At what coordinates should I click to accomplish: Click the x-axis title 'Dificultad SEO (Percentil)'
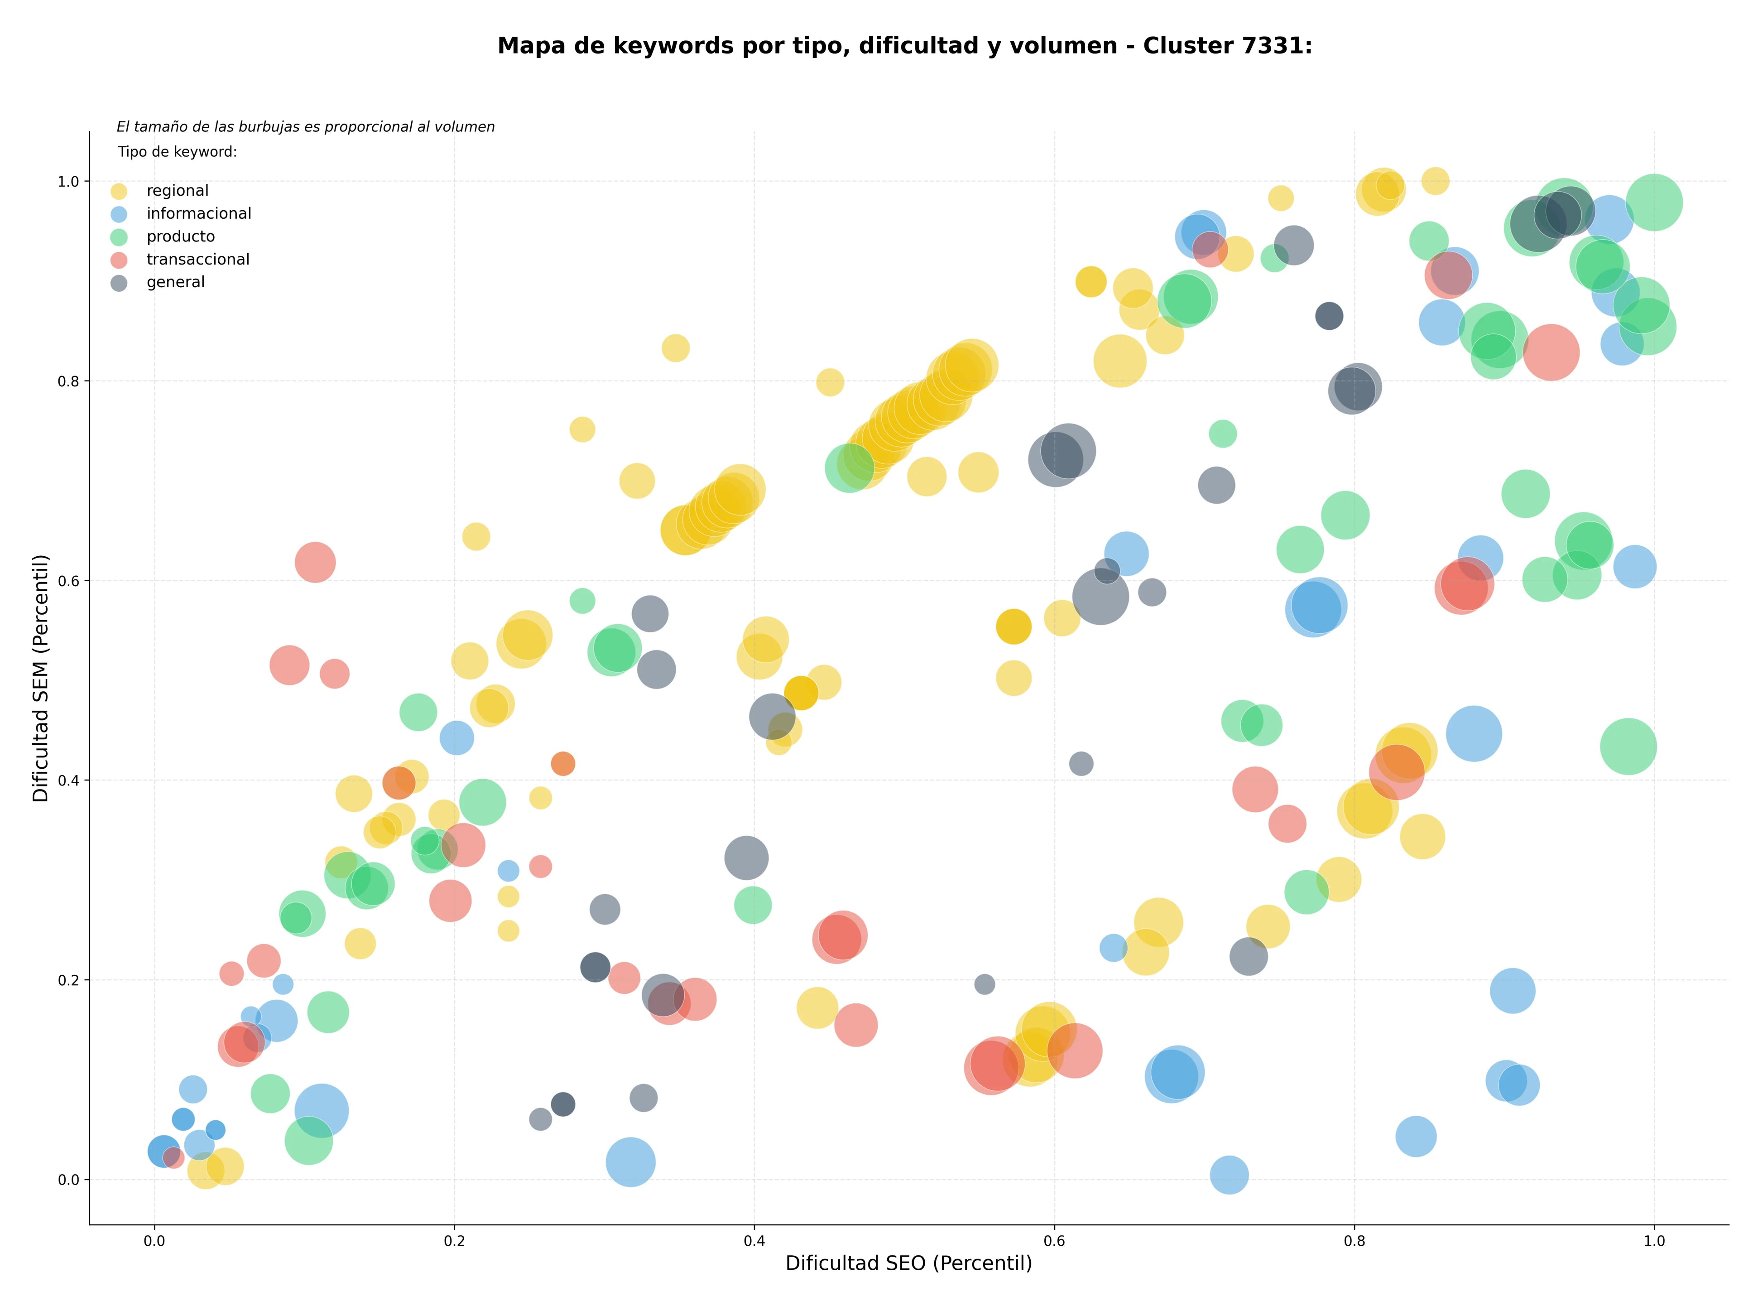[909, 1263]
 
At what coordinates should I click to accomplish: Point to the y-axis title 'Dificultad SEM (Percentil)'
[41, 678]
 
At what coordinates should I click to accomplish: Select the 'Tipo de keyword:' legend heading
[178, 152]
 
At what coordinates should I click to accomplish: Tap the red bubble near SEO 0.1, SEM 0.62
[315, 562]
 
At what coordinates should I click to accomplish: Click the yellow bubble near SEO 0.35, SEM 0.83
[675, 347]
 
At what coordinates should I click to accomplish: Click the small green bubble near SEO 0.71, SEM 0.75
[1222, 433]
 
